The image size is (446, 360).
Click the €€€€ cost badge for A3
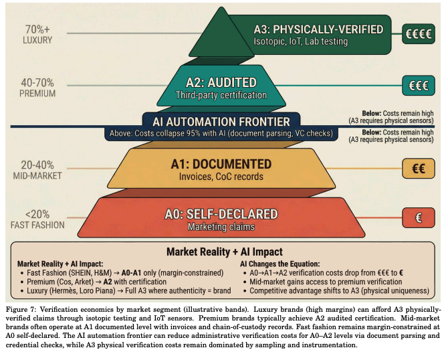[x=420, y=33]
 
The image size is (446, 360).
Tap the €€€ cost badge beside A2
[x=420, y=86]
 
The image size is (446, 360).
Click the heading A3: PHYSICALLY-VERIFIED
[x=318, y=29]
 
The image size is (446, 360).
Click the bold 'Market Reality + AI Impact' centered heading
[x=223, y=252]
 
